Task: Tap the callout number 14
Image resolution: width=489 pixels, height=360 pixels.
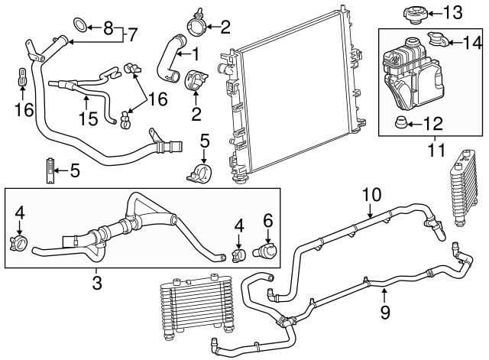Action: click(468, 43)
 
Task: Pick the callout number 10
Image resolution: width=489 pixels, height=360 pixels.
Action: click(371, 194)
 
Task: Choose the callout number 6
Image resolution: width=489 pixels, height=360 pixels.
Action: click(267, 219)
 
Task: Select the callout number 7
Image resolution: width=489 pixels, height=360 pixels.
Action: click(134, 34)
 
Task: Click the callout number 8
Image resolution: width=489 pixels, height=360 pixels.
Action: click(108, 28)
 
